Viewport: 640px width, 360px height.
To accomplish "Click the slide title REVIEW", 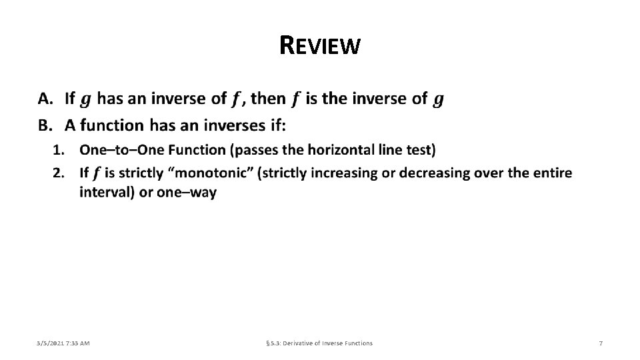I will (321, 45).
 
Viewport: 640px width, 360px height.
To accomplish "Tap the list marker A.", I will (45, 99).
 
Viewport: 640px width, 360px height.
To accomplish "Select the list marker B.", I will (45, 125).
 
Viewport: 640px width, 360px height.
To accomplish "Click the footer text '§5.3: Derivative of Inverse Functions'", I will (319, 343).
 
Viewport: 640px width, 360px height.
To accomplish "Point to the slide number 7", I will (601, 343).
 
